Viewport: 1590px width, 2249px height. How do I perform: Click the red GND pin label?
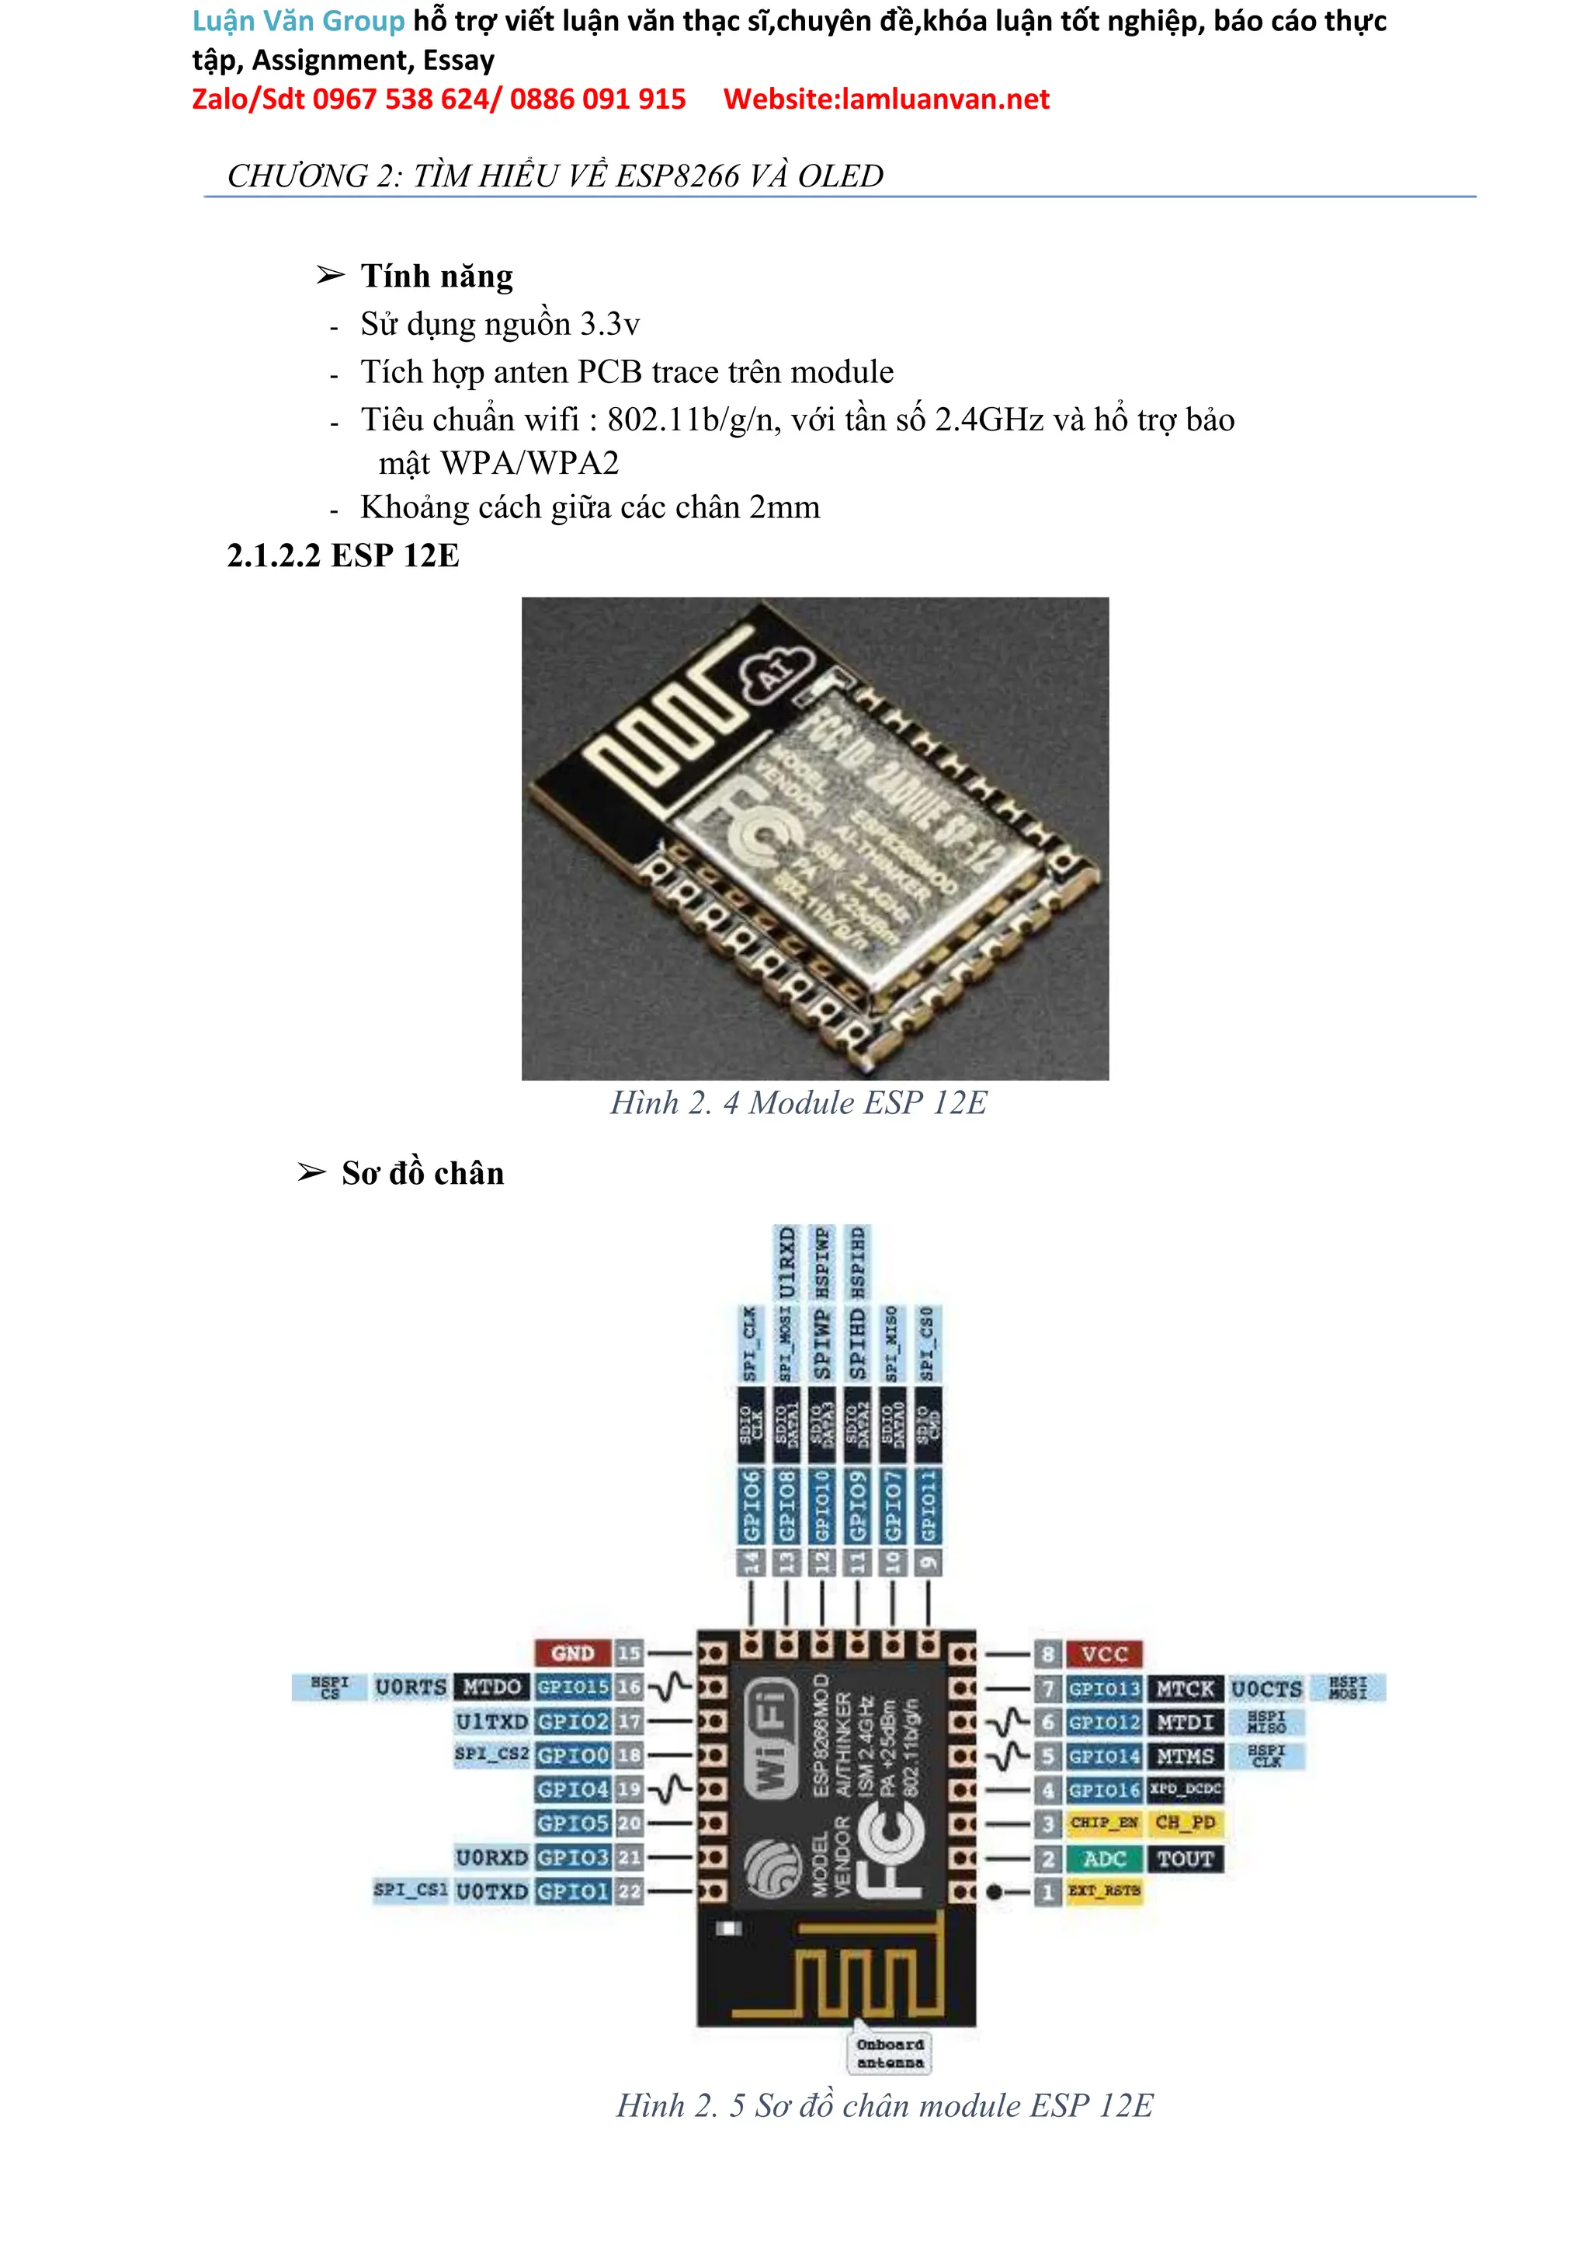[x=573, y=1653]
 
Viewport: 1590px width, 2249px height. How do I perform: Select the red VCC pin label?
[x=1105, y=1655]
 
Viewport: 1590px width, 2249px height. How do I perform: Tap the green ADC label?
[x=1105, y=1858]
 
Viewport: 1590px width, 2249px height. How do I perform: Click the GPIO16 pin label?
[x=1105, y=1790]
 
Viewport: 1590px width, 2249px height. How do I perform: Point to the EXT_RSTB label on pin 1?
[x=1105, y=1891]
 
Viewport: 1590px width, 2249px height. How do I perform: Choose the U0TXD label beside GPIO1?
[x=491, y=1892]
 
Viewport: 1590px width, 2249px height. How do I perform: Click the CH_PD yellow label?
[x=1185, y=1823]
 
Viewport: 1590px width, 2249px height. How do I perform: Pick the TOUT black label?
[x=1185, y=1858]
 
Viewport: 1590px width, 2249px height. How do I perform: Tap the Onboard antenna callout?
[x=890, y=2053]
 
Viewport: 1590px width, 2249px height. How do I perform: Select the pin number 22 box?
[x=629, y=1892]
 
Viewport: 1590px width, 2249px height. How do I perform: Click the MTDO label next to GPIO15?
[x=491, y=1687]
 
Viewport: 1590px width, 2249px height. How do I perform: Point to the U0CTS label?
[x=1266, y=1689]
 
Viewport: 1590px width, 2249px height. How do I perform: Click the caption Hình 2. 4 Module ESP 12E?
[x=798, y=1103]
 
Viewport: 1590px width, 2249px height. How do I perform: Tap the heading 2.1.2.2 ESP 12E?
[x=342, y=555]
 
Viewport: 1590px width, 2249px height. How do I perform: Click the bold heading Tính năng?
[x=436, y=277]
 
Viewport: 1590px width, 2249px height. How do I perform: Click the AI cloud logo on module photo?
[x=776, y=670]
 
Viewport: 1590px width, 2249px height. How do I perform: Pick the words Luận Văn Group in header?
[x=297, y=20]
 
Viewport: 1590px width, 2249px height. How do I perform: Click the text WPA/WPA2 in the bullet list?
[x=529, y=463]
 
